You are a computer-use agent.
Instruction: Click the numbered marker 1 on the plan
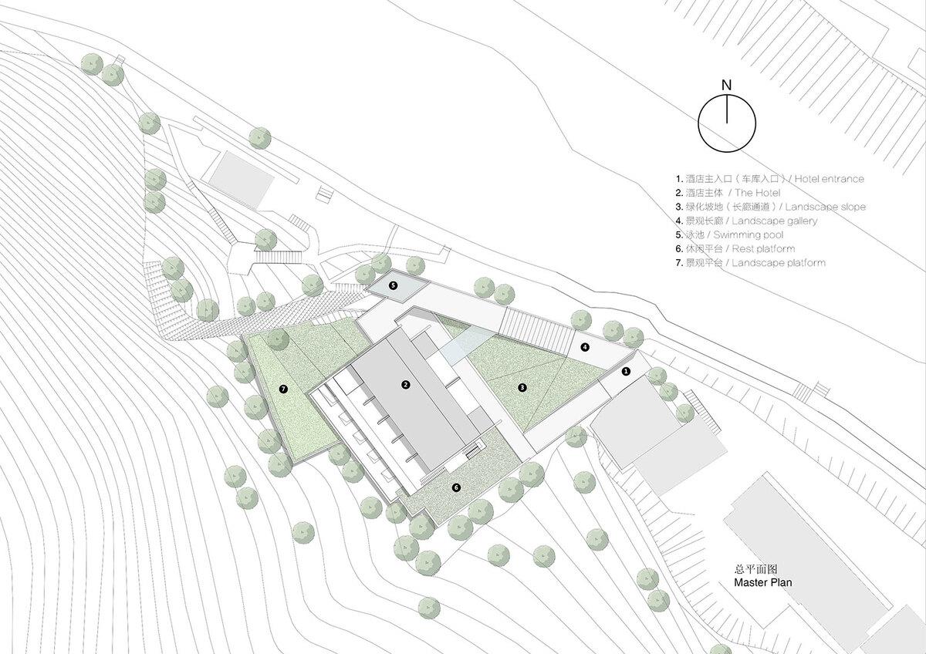626,372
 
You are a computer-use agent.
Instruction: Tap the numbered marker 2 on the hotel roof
406,385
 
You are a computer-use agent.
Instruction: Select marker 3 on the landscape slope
522,387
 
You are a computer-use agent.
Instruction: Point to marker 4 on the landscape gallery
585,347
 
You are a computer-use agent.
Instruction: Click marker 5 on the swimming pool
393,285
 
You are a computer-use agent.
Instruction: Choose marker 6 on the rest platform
456,487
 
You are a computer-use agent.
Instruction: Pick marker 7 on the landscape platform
283,389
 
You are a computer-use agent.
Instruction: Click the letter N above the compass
726,86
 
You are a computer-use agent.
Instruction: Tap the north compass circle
698,124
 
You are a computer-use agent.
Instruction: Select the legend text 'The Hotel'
757,193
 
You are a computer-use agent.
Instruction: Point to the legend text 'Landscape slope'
825,207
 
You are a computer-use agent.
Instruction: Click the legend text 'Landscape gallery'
774,221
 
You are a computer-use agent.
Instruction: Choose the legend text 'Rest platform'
763,248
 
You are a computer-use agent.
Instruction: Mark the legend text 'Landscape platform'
779,263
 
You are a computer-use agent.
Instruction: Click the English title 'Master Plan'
762,582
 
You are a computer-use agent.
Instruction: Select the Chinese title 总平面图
755,569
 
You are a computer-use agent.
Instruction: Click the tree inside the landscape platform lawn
278,339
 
